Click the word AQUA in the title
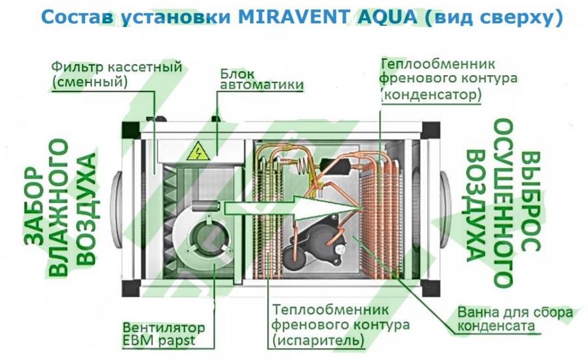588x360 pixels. tap(388, 17)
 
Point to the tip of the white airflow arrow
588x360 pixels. tap(362, 208)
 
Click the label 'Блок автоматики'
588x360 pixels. tap(261, 79)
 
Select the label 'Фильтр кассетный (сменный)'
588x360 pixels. tap(117, 74)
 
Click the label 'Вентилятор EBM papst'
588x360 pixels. tap(164, 333)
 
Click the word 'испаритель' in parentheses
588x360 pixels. tap(318, 341)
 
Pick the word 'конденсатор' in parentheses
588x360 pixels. tap(431, 94)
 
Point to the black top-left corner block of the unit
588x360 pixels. tap(131, 130)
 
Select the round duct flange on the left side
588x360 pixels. tap(116, 209)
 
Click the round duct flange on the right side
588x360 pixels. tap(445, 209)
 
